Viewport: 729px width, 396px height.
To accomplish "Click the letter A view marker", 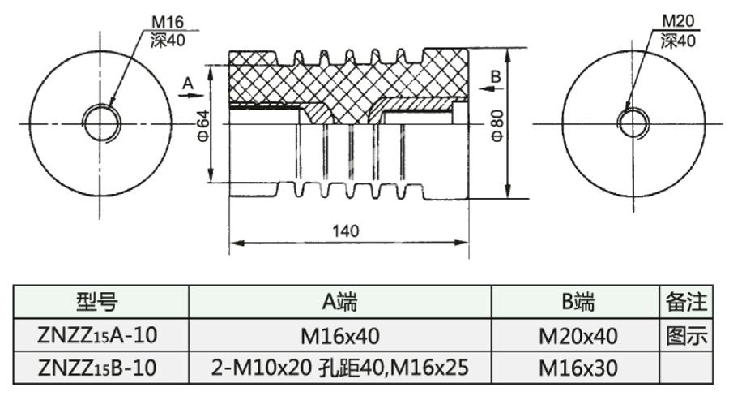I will pyautogui.click(x=188, y=83).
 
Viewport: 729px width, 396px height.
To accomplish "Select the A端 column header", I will pyautogui.click(x=339, y=303).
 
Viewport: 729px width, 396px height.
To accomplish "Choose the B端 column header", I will pyautogui.click(x=578, y=303).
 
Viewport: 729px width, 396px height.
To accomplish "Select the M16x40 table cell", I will pyautogui.click(x=339, y=336).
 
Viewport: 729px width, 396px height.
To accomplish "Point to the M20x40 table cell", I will pyautogui.click(x=578, y=336).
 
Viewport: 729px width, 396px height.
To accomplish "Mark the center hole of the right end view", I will pyautogui.click(x=633, y=123).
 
